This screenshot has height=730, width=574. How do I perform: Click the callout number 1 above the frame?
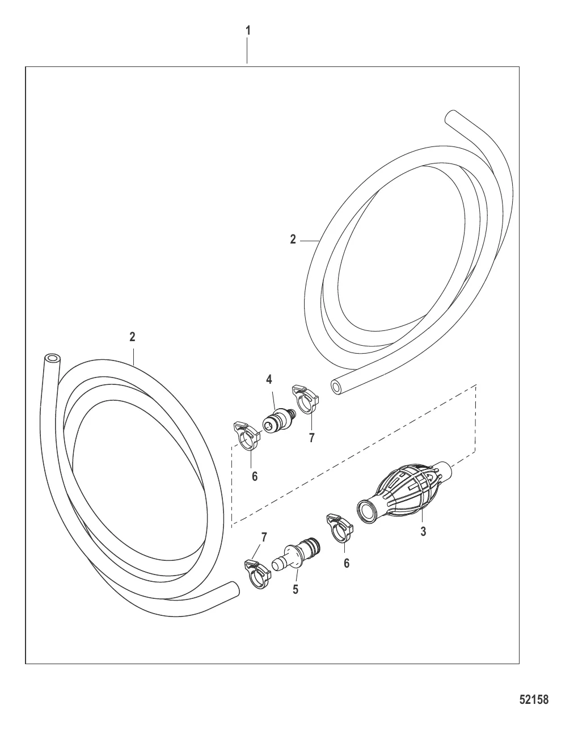click(248, 31)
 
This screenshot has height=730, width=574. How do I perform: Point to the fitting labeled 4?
click(278, 421)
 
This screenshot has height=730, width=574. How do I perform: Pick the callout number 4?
click(269, 379)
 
